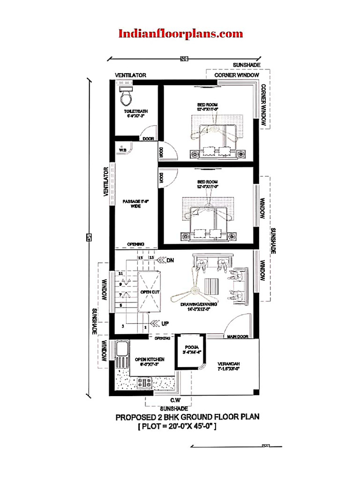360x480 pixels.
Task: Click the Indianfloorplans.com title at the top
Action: click(x=180, y=33)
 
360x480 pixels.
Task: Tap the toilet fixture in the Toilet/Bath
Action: click(x=126, y=97)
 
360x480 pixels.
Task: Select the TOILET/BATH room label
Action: click(x=135, y=113)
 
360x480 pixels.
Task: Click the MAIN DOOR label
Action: click(x=238, y=336)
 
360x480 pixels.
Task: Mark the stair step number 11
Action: click(x=120, y=273)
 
